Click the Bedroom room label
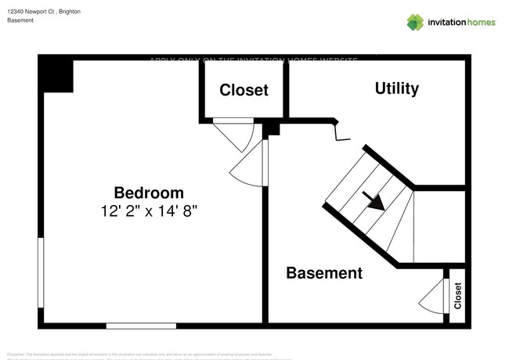coord(149,193)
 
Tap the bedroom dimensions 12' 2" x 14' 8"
coord(149,211)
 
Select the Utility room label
coord(396,88)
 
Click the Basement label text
coord(324,273)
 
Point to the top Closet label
coord(244,90)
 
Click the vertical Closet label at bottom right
coord(458,295)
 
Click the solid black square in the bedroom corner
coord(57,74)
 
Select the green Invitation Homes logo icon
coord(415,22)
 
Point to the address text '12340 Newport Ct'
coord(32,13)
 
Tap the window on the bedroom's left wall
coord(41,272)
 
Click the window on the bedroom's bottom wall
coord(141,325)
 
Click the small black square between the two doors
coord(271,128)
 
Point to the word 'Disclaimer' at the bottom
coord(16,355)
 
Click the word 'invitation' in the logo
coord(448,22)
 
